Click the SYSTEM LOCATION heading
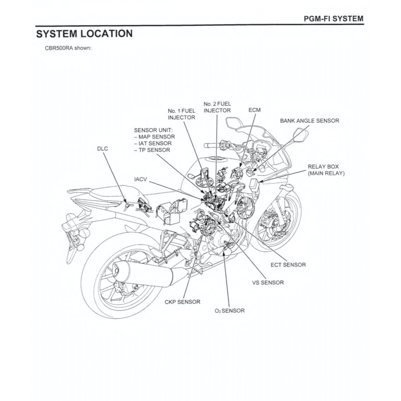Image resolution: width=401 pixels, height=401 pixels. pos(84,34)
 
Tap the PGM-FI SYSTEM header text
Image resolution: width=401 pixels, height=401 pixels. pos(333,19)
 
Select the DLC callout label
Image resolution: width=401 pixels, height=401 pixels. pos(102,148)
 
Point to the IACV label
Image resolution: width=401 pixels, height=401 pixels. pos(141,180)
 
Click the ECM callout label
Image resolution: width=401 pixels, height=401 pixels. pos(254,110)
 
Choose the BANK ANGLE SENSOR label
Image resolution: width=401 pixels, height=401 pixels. pos(309,120)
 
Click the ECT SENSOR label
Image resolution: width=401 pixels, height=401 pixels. pos(288,265)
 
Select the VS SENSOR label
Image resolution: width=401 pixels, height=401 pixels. pos(268,283)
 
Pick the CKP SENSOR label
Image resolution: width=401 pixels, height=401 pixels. pos(182,302)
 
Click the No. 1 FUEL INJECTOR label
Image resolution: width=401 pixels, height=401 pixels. pos(181,114)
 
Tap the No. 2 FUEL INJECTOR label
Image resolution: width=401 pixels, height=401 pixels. pos(217,107)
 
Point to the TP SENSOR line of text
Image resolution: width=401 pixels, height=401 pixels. pos(153,150)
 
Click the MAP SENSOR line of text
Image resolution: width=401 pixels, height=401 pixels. pos(156,137)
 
